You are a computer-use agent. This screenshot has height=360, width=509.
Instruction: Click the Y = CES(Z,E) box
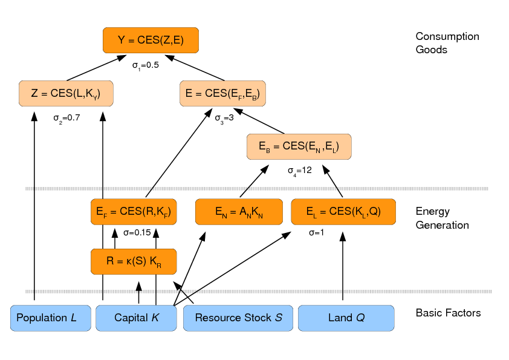pyautogui.click(x=151, y=41)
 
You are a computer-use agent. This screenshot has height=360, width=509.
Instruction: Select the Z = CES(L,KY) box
pyautogui.click(x=66, y=93)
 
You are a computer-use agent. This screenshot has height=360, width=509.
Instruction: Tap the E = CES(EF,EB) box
pyautogui.click(x=223, y=93)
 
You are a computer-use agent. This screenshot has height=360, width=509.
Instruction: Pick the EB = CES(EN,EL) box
pyautogui.click(x=299, y=147)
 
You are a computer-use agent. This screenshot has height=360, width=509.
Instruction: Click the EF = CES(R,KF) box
pyautogui.click(x=134, y=212)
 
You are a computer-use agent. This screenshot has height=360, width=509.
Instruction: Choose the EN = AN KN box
pyautogui.click(x=239, y=212)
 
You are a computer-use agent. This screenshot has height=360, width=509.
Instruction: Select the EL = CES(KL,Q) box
pyautogui.click(x=343, y=212)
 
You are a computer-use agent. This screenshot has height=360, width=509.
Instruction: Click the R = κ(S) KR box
pyautogui.click(x=134, y=261)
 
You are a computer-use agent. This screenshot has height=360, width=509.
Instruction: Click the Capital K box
pyautogui.click(x=136, y=318)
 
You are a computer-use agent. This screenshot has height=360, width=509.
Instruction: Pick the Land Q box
pyautogui.click(x=346, y=318)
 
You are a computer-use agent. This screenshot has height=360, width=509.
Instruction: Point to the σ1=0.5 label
pyautogui.click(x=145, y=65)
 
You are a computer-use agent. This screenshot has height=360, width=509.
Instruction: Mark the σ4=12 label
pyautogui.click(x=299, y=171)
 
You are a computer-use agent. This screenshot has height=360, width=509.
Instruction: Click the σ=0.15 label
pyautogui.click(x=137, y=232)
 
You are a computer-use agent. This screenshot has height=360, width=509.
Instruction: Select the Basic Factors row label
pyautogui.click(x=448, y=313)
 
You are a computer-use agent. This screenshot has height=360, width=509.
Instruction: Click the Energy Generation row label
pyautogui.click(x=442, y=218)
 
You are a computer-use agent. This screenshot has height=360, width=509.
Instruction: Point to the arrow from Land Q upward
pyautogui.click(x=343, y=266)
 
